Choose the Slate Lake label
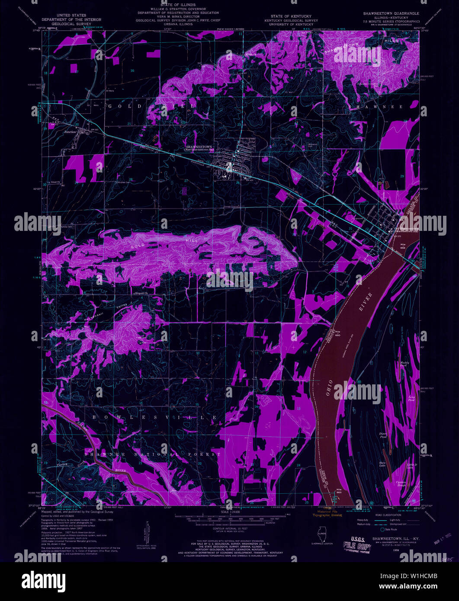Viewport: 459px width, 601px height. point(382,464)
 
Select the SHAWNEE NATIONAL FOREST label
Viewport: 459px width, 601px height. point(152,454)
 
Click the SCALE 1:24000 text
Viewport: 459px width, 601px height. point(229,511)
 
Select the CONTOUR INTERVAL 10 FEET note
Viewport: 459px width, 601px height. point(229,528)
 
